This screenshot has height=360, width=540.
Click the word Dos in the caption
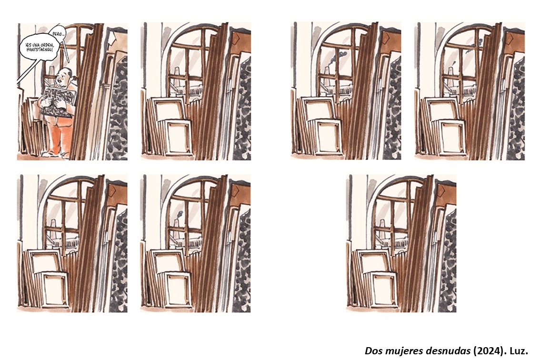point(371,351)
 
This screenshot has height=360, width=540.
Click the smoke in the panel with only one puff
point(180,215)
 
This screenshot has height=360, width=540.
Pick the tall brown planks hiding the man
point(87,93)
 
